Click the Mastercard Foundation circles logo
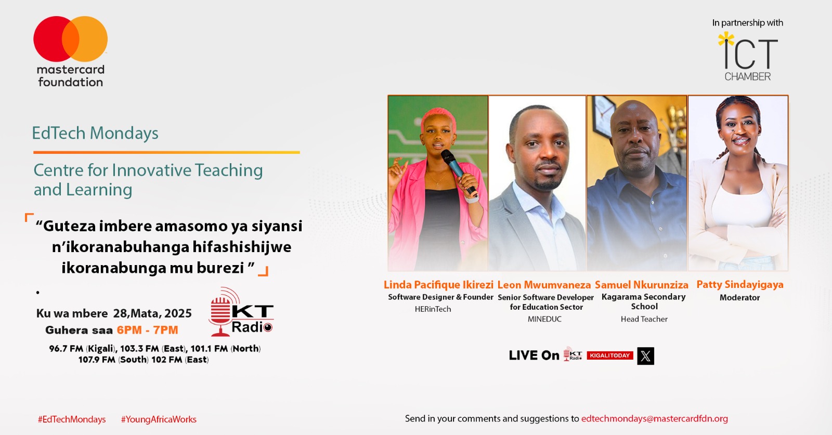(x=70, y=39)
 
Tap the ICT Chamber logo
(x=748, y=56)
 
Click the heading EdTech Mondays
(x=95, y=133)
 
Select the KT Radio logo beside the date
(x=241, y=312)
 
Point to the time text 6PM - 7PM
(x=147, y=330)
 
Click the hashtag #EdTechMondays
(x=72, y=419)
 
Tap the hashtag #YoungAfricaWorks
(x=159, y=419)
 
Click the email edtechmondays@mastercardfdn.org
(x=654, y=418)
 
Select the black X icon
(x=645, y=356)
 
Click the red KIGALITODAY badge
(x=610, y=355)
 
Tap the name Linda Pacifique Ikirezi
(x=438, y=285)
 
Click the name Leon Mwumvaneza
(x=544, y=285)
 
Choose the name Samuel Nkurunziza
(x=641, y=285)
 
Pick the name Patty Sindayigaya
(x=739, y=284)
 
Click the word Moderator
(x=739, y=298)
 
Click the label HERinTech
(x=433, y=309)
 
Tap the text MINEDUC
(x=544, y=319)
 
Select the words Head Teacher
(x=644, y=319)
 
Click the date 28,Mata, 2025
(x=152, y=313)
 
